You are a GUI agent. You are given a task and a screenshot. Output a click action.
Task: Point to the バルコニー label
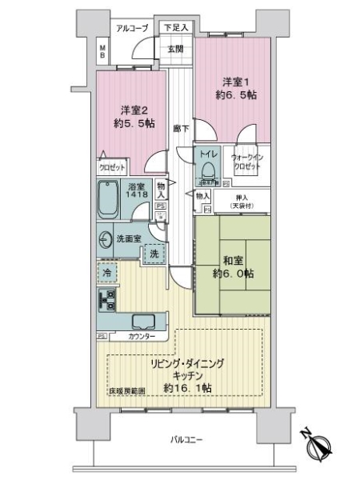pyautogui.click(x=186, y=439)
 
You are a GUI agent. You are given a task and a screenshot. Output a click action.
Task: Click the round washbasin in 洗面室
pyautogui.click(x=105, y=238)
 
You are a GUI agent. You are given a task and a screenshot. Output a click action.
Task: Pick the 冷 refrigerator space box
pyautogui.click(x=106, y=272)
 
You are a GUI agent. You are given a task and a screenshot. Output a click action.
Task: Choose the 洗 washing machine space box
pyautogui.click(x=154, y=254)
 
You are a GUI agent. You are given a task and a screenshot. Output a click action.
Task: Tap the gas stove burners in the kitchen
pyautogui.click(x=106, y=300)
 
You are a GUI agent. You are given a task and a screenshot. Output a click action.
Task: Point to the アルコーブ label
pyautogui.click(x=132, y=29)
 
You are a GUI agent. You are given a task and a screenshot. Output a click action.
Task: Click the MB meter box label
pyautogui.click(x=102, y=54)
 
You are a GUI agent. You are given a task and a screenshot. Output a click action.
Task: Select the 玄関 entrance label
pyautogui.click(x=176, y=48)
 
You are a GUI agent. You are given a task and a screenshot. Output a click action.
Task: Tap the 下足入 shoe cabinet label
pyautogui.click(x=176, y=27)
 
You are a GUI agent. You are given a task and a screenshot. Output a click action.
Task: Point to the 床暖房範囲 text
pyautogui.click(x=128, y=391)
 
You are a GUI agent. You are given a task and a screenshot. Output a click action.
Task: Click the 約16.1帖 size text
pyautogui.click(x=187, y=387)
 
